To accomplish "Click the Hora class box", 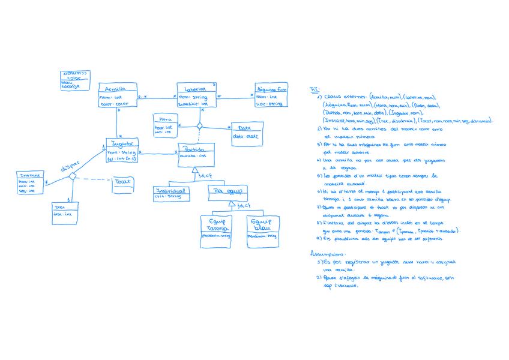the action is click(165, 124).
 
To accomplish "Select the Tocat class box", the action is click(123, 184).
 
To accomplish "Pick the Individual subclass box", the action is click(170, 193).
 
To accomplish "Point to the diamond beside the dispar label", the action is click(72, 176).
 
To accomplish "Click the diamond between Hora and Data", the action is click(199, 126).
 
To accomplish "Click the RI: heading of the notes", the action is click(314, 89).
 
